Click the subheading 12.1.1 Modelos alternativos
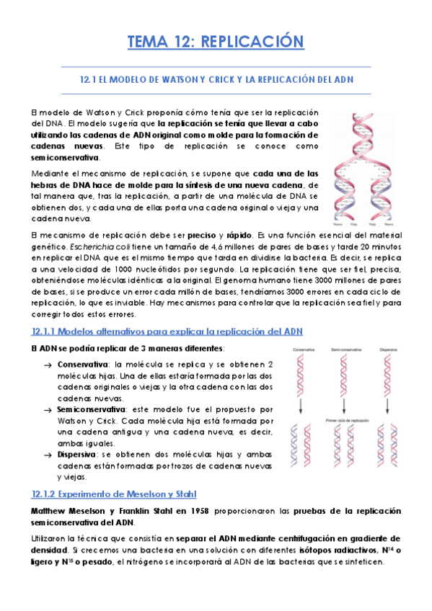click(167, 331)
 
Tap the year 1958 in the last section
click(185, 510)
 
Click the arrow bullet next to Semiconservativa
click(48, 409)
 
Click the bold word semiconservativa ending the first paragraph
click(66, 157)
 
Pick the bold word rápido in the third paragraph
click(238, 235)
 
